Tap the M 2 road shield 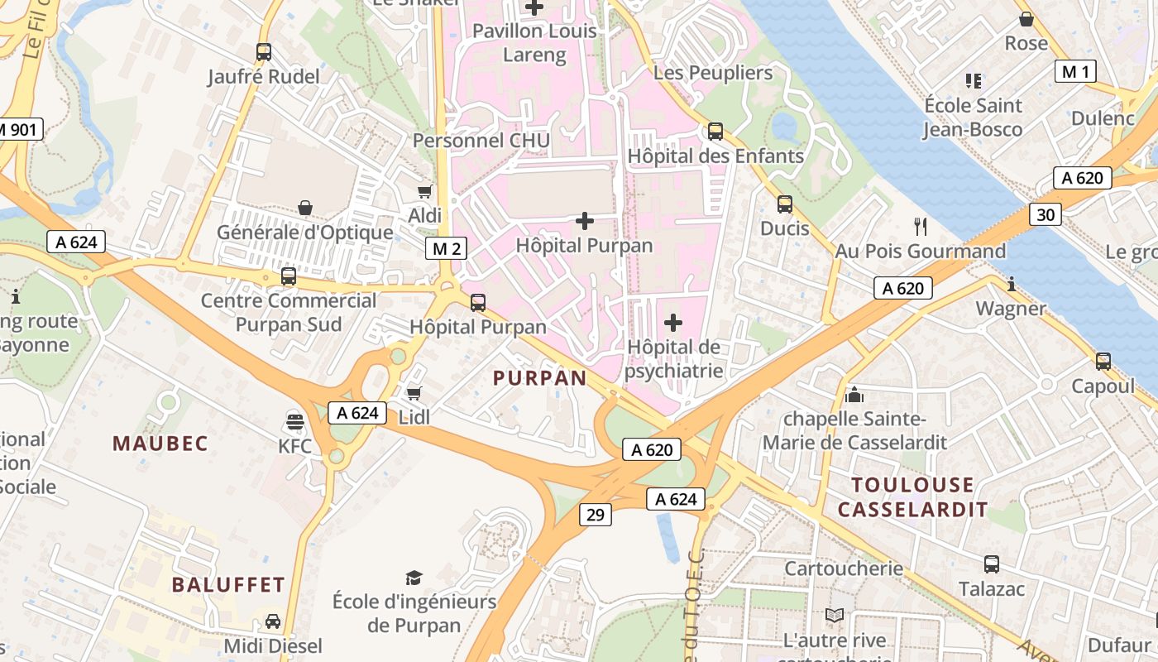(x=446, y=248)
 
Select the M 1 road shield (x=1075, y=72)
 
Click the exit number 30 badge (x=1046, y=215)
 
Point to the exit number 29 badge (x=595, y=515)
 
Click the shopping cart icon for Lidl (x=414, y=393)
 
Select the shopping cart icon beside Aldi (x=425, y=191)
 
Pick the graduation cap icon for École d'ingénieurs (x=414, y=577)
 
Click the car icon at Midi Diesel (x=272, y=621)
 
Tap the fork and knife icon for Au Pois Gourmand (x=920, y=226)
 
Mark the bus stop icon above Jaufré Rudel (x=264, y=52)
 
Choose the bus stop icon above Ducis (x=784, y=204)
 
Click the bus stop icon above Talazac (x=991, y=564)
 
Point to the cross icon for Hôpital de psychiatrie (x=673, y=322)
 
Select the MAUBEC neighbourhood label (x=160, y=444)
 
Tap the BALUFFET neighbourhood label (x=228, y=585)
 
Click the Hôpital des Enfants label (x=715, y=156)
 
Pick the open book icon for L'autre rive (x=835, y=616)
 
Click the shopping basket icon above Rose (x=1026, y=19)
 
